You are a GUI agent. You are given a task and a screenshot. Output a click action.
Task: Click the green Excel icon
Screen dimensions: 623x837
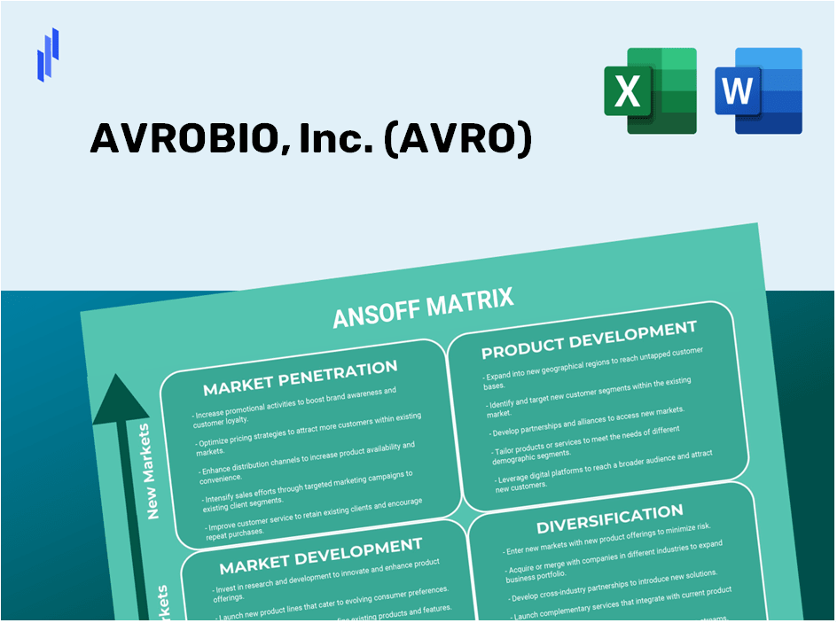click(x=650, y=90)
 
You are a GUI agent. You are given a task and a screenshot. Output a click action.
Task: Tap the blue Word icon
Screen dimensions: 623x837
click(x=759, y=90)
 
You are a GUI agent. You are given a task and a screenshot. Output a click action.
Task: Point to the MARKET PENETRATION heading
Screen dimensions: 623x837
click(x=300, y=377)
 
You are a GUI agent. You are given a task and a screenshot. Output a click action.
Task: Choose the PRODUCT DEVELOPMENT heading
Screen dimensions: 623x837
click(x=589, y=339)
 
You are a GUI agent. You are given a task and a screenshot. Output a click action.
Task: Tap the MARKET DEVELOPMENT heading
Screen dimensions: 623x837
click(x=320, y=555)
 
